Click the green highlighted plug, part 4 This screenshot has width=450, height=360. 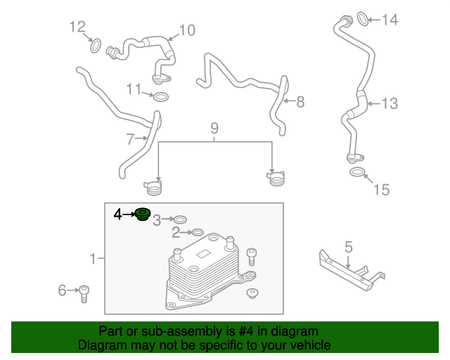[x=143, y=214]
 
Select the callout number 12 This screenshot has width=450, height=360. [x=77, y=27]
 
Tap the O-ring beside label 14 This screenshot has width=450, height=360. [x=362, y=18]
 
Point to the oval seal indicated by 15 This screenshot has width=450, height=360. [x=357, y=172]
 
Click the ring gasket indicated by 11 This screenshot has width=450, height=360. [x=160, y=96]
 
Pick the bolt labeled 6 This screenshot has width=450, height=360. [x=84, y=292]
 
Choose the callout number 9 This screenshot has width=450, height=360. [x=214, y=128]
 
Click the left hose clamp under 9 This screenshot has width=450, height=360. [x=153, y=188]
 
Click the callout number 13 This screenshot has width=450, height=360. [x=389, y=103]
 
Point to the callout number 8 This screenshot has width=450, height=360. [x=300, y=102]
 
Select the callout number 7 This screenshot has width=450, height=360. [x=130, y=139]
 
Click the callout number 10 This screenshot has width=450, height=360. [x=186, y=30]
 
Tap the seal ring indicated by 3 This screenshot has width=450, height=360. [x=180, y=221]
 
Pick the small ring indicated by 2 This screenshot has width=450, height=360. [x=198, y=232]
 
